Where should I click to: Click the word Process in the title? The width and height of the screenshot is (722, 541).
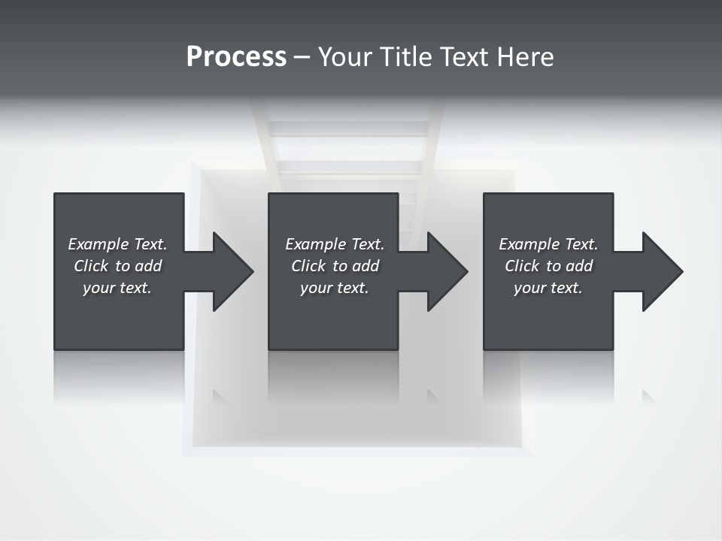[236, 57]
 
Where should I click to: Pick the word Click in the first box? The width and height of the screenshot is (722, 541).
[91, 266]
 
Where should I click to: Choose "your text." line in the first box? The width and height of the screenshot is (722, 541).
[117, 288]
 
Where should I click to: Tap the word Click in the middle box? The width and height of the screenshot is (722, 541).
[308, 266]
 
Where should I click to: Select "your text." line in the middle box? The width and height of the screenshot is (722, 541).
[335, 288]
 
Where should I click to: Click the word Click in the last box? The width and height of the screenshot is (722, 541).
[522, 266]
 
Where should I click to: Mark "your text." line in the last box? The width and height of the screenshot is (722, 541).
[548, 288]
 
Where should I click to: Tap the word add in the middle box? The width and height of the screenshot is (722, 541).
[366, 266]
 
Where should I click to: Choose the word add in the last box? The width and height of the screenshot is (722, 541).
[579, 266]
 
